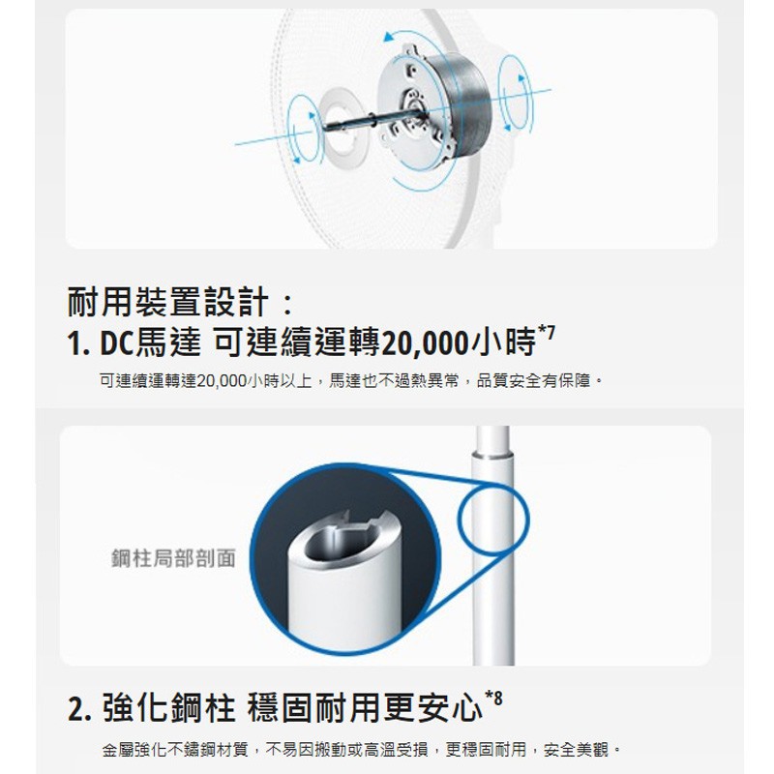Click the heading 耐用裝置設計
click(x=167, y=302)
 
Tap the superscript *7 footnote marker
click(x=547, y=333)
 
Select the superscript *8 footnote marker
click(x=493, y=698)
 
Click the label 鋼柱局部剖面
click(x=174, y=558)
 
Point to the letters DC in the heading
click(x=117, y=343)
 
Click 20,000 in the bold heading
click(x=425, y=344)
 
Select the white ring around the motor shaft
click(x=341, y=123)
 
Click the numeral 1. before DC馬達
click(x=78, y=343)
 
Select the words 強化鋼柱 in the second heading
click(x=168, y=708)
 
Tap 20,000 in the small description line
click(x=222, y=381)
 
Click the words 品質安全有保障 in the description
click(x=534, y=381)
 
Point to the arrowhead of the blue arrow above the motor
click(x=390, y=37)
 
